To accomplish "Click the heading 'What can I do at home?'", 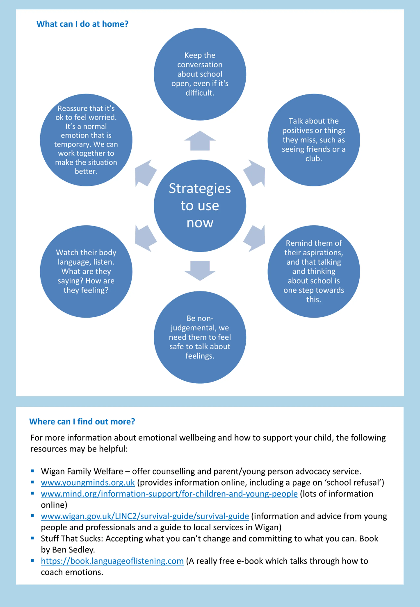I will pos(82,24).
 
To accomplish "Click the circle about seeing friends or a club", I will pos(314,140).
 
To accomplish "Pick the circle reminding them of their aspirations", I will pos(314,271).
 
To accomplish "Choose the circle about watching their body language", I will pos(86,271).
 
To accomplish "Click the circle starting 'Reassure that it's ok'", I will pos(86,140).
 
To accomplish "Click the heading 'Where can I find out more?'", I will pos(82,421).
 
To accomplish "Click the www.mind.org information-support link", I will pos(169,494).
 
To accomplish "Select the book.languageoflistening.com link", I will pos(112,561).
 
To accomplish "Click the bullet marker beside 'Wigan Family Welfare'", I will pos(33,471).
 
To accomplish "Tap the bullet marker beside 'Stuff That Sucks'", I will pos(33,538).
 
